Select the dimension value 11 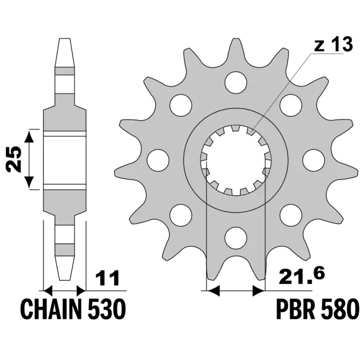point(107,279)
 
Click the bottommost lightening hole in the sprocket point(236,238)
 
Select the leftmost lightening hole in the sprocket point(158,160)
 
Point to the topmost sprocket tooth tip point(236,40)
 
